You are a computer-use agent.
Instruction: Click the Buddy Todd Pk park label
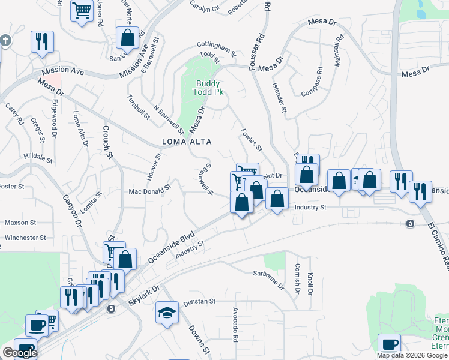pos(208,88)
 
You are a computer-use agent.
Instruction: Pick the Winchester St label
pos(25,238)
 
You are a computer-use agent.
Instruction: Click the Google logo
pos(19,353)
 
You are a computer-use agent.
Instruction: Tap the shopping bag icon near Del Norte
pos(128,38)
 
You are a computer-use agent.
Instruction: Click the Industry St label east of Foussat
pos(310,207)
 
